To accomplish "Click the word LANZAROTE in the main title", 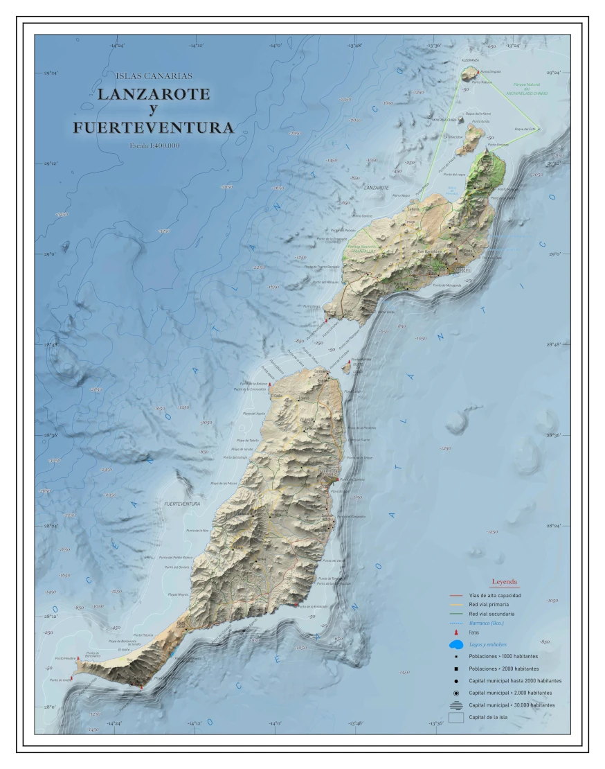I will click(x=153, y=94).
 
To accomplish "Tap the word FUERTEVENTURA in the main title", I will click(x=153, y=128).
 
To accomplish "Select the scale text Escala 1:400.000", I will click(x=154, y=145).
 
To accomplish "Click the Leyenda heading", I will click(x=505, y=582).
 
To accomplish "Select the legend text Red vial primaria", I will click(x=491, y=605).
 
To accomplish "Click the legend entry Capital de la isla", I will click(x=488, y=717).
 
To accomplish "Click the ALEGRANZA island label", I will click(x=470, y=60).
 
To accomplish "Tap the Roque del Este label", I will click(x=525, y=129).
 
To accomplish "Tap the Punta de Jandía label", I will click(x=61, y=680).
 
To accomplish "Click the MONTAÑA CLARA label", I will click(x=444, y=119).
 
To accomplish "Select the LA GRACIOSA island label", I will click(x=453, y=136).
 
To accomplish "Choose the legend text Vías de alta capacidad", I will click(x=495, y=595).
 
